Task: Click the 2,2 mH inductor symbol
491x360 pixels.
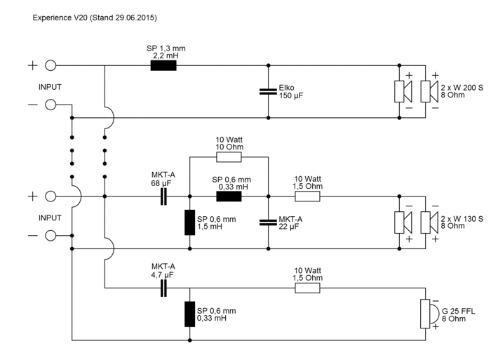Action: [x=163, y=66]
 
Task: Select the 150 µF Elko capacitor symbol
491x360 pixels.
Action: [x=268, y=91]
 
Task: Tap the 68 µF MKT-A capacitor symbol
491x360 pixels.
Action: [x=164, y=196]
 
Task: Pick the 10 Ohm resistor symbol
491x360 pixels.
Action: [x=229, y=157]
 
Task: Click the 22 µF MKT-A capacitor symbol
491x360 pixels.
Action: [x=268, y=222]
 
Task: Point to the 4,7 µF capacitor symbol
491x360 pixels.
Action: [x=164, y=288]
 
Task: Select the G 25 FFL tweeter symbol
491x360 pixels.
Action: [x=425, y=314]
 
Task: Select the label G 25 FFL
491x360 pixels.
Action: [x=457, y=309]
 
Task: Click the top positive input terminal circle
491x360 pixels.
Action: [x=51, y=66]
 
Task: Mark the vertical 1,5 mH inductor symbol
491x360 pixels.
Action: [x=189, y=222]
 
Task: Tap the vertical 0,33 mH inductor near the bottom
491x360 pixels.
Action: [x=189, y=314]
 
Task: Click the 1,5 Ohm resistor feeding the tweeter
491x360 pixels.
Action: [x=308, y=288]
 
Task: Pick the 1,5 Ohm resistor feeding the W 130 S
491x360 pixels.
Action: [x=308, y=196]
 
